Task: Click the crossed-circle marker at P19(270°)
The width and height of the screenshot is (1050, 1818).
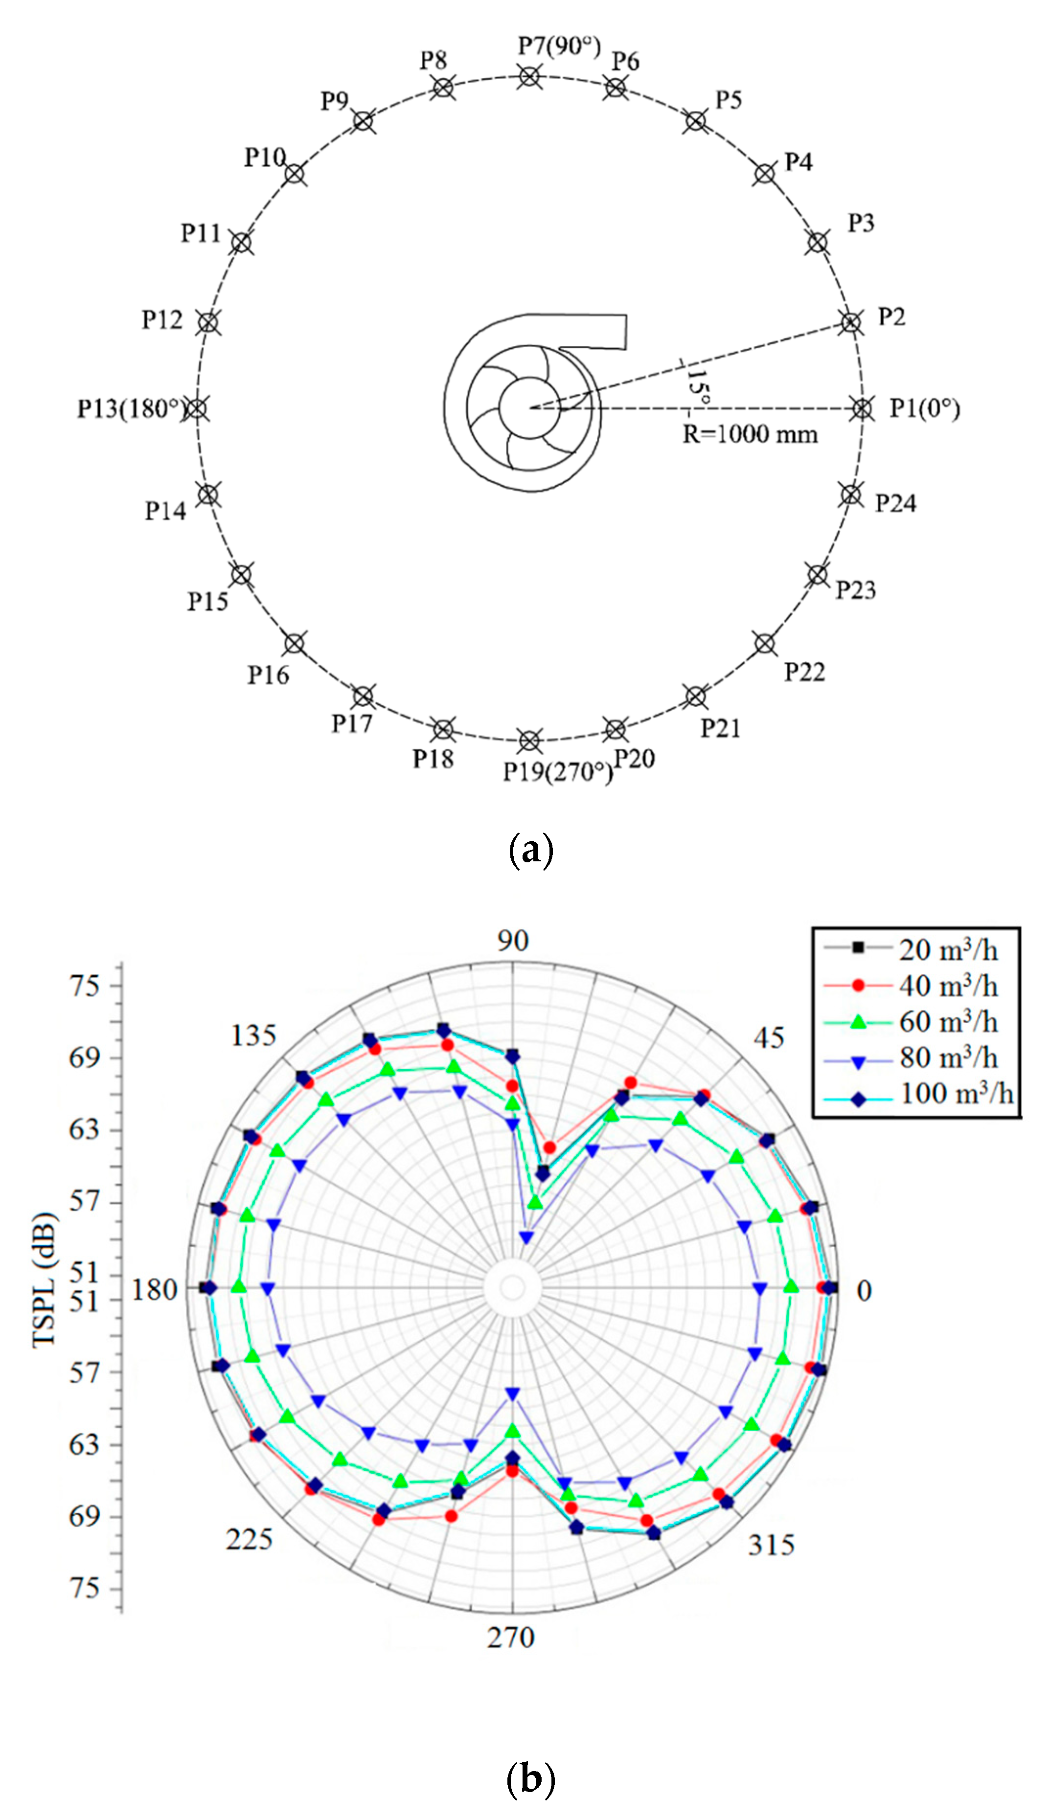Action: pyautogui.click(x=529, y=741)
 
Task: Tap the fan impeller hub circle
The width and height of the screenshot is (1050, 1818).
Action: pyautogui.click(x=530, y=408)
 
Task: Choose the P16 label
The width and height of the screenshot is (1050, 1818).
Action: pyautogui.click(x=268, y=675)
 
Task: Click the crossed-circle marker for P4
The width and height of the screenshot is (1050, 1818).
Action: pyautogui.click(x=764, y=174)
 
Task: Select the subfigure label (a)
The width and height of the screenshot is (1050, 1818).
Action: pyautogui.click(x=531, y=850)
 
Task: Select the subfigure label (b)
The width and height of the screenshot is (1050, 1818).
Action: pyautogui.click(x=531, y=1778)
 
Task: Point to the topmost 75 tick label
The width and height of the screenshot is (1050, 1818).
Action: pyautogui.click(x=84, y=986)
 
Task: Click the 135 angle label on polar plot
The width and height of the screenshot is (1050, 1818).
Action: pyautogui.click(x=253, y=1036)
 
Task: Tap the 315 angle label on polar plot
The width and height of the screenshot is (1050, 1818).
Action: pyautogui.click(x=771, y=1545)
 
